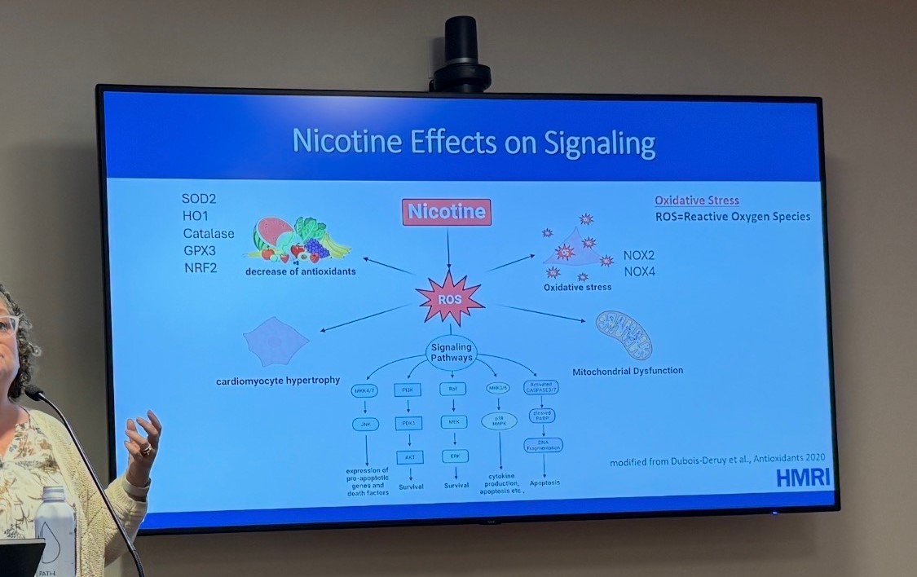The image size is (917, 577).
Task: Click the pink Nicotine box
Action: (x=447, y=213)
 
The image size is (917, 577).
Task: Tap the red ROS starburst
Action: (x=450, y=299)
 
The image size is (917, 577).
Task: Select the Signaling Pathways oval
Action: (x=451, y=353)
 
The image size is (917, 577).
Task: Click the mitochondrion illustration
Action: (x=624, y=335)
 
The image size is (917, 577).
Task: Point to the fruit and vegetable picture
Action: (x=299, y=240)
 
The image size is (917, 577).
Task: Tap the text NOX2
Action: (x=639, y=255)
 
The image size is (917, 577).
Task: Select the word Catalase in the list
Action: (x=208, y=234)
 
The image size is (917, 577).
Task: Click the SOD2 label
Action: (x=199, y=199)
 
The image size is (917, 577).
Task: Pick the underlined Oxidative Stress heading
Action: (x=697, y=200)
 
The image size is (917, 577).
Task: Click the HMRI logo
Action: (x=803, y=478)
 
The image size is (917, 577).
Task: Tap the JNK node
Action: (x=366, y=424)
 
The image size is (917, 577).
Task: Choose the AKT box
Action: (x=410, y=456)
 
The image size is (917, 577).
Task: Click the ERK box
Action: (x=453, y=456)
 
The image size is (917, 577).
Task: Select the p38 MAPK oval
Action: (x=499, y=421)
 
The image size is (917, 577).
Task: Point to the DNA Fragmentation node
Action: (x=544, y=444)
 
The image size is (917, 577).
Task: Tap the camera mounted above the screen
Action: (x=461, y=53)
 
